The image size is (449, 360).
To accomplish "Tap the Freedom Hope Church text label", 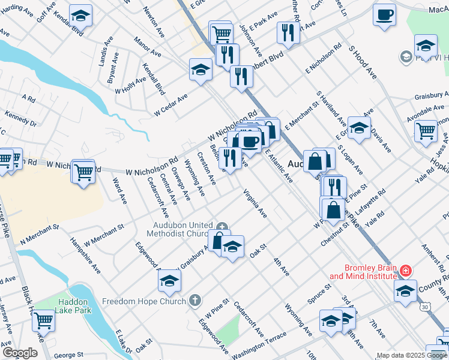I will tap(144, 301).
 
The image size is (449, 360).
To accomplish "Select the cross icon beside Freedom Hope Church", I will tap(194, 300).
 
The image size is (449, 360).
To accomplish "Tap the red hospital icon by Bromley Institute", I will tap(406, 271).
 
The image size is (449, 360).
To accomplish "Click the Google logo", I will tap(20, 353).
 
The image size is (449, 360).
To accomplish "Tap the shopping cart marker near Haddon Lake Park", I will tap(44, 319).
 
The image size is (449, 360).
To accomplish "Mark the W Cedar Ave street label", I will tap(170, 104).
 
